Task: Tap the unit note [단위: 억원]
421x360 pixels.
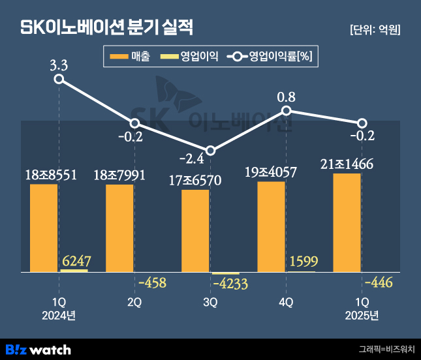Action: coord(375,29)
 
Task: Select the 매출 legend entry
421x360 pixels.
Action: coord(131,57)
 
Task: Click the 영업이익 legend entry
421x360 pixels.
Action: coord(189,57)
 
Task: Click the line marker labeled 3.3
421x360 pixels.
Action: coord(59,79)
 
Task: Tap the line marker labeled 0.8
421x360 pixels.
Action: coord(286,111)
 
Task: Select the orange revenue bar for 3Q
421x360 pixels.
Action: coord(195,231)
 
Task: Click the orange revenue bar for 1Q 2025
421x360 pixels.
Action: coord(347,222)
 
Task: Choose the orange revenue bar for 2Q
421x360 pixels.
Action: coord(119,228)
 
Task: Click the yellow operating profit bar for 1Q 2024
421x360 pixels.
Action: coord(74,270)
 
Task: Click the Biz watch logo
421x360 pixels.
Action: coord(37,349)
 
